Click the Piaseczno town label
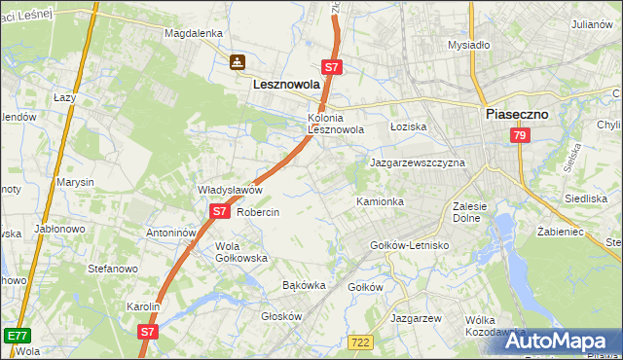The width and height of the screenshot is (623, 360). click(516, 114)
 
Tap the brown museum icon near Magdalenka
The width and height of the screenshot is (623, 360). click(237, 63)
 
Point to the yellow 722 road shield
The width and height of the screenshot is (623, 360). click(359, 341)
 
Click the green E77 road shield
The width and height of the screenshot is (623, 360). click(17, 336)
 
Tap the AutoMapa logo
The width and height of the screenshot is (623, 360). click(559, 341)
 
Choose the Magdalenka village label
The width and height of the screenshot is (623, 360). click(194, 32)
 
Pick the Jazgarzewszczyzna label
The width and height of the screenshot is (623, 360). click(418, 162)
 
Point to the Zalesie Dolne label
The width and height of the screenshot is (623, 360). click(474, 212)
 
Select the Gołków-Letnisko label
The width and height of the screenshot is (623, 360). click(409, 245)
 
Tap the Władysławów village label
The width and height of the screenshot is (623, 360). click(231, 190)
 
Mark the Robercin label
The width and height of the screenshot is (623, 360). click(258, 212)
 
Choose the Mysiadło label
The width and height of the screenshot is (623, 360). click(468, 45)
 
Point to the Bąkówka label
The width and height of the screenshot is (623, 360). click(303, 286)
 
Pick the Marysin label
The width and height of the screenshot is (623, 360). click(75, 182)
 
